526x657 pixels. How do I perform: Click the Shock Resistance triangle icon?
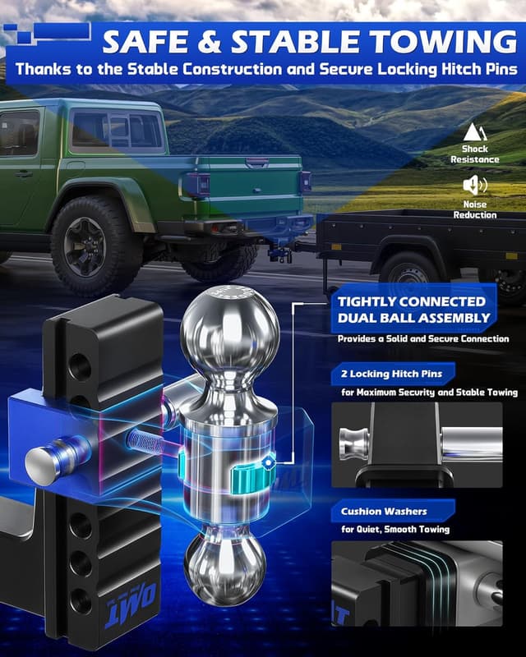[473, 131]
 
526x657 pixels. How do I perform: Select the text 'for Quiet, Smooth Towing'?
[395, 530]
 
